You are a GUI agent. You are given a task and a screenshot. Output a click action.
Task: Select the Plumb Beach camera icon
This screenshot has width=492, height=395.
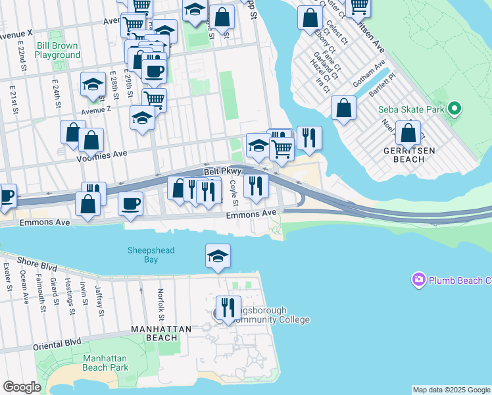418,280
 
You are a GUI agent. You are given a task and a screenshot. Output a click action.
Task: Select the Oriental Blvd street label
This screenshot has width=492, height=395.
59,342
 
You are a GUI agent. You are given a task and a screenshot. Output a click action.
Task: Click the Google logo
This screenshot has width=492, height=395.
22,387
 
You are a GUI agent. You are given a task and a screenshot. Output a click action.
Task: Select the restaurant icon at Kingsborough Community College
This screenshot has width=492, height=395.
228,307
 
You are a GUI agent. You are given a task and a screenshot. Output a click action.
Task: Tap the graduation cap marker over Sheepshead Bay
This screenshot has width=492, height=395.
218,255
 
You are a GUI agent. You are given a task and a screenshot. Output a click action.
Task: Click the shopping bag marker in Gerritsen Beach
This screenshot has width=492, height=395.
408,132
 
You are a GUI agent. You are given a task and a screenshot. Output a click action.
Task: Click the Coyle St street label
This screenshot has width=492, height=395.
233,193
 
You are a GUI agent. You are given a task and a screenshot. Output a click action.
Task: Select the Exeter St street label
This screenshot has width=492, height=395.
7,277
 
